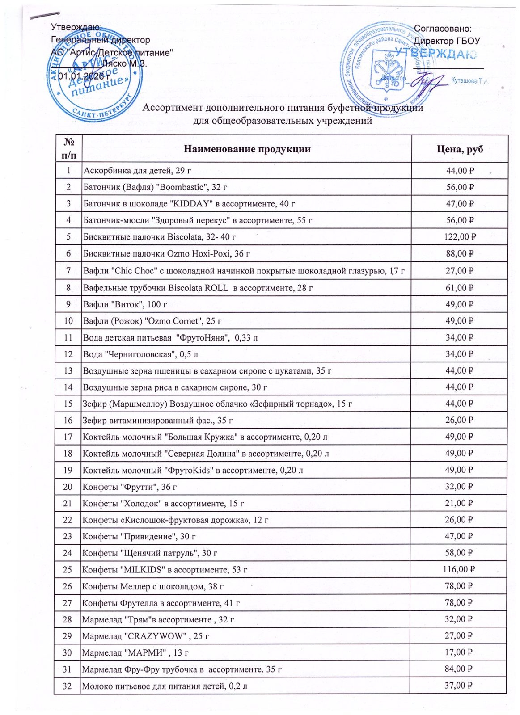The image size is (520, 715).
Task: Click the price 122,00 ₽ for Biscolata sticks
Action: (460, 237)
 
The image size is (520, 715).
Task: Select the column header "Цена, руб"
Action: (460, 149)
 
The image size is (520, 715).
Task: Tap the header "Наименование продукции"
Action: (247, 149)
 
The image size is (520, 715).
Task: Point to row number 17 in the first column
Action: (68, 437)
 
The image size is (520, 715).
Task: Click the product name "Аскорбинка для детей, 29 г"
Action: (137, 171)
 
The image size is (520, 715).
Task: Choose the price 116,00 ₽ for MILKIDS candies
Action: (459, 569)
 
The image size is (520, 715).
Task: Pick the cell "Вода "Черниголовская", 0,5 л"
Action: (140, 354)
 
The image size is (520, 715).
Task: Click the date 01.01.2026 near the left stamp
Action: (85, 76)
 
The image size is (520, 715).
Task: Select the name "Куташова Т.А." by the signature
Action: (469, 81)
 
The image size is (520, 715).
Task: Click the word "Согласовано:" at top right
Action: (443, 29)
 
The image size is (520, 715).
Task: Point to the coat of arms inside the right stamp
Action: (387, 71)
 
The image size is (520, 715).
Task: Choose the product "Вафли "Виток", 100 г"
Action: (125, 304)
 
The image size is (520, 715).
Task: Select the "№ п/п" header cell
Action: (69, 149)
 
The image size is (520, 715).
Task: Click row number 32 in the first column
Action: (67, 686)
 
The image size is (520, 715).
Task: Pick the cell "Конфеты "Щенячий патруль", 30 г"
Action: (150, 553)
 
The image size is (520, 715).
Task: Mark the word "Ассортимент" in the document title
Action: (172, 108)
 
